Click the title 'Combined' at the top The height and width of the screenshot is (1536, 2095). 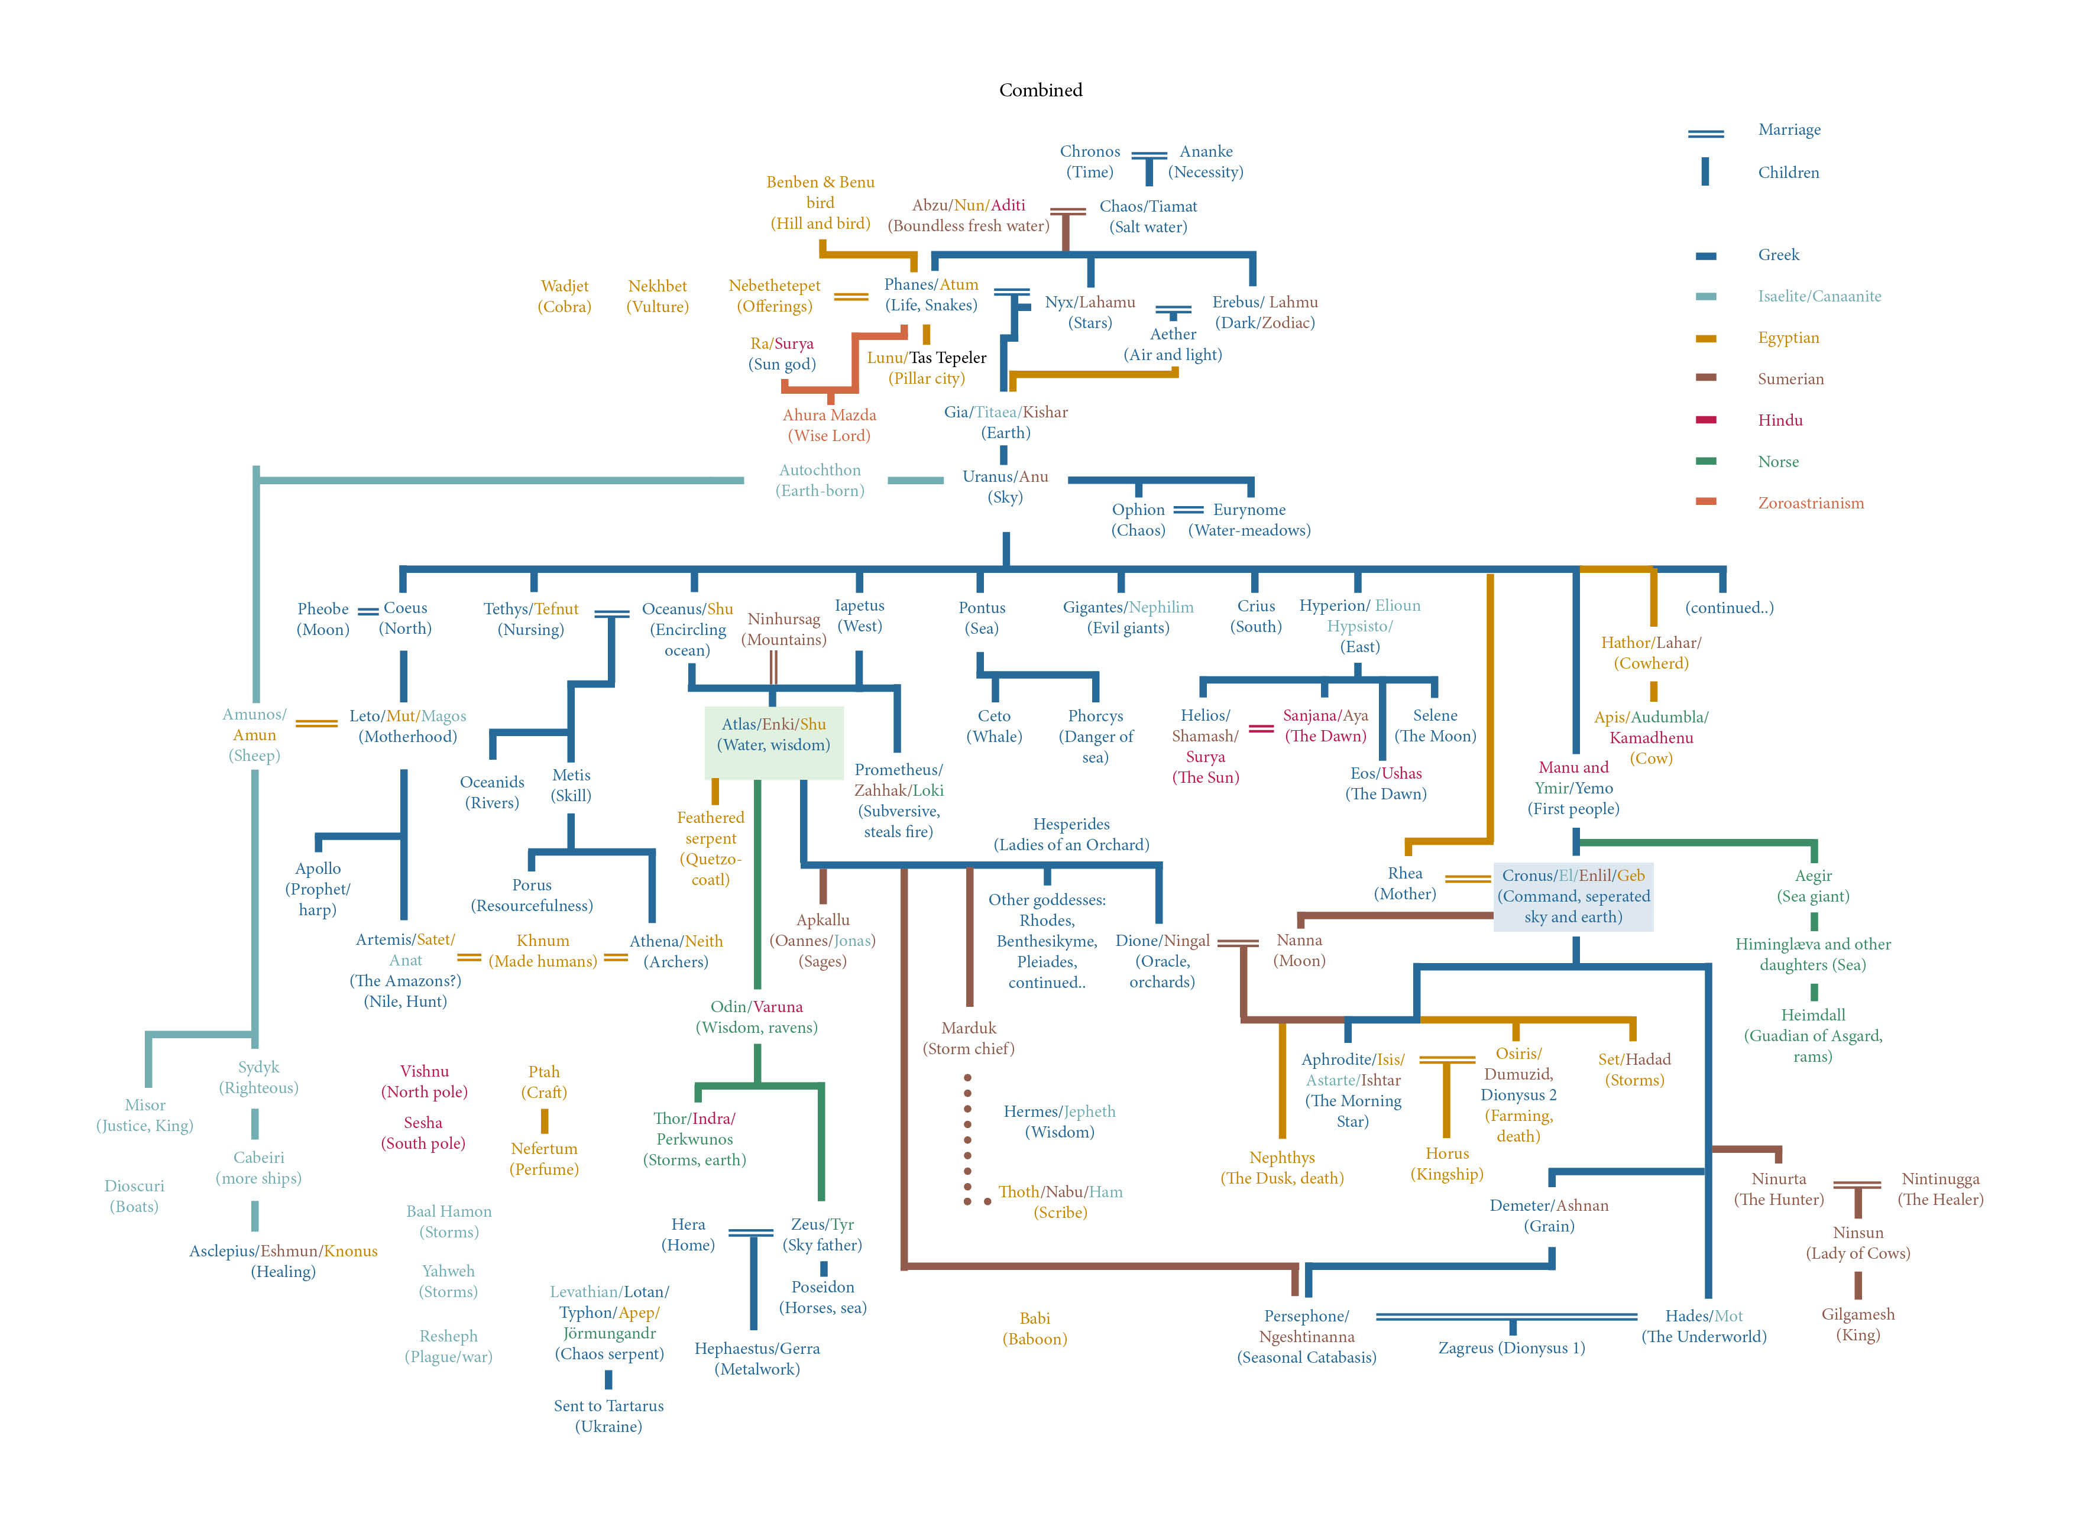tap(1041, 90)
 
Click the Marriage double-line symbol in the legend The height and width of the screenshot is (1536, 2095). tap(1705, 134)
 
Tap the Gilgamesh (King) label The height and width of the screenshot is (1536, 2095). tap(1857, 1324)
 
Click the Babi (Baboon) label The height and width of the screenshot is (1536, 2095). tap(1034, 1328)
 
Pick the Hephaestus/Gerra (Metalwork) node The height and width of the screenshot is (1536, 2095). tap(757, 1359)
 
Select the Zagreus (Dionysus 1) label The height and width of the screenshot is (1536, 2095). tap(1511, 1348)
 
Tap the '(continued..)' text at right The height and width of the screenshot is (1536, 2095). tap(1728, 608)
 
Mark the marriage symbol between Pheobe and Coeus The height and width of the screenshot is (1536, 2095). tap(368, 612)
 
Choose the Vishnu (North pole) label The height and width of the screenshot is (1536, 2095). tap(424, 1081)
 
